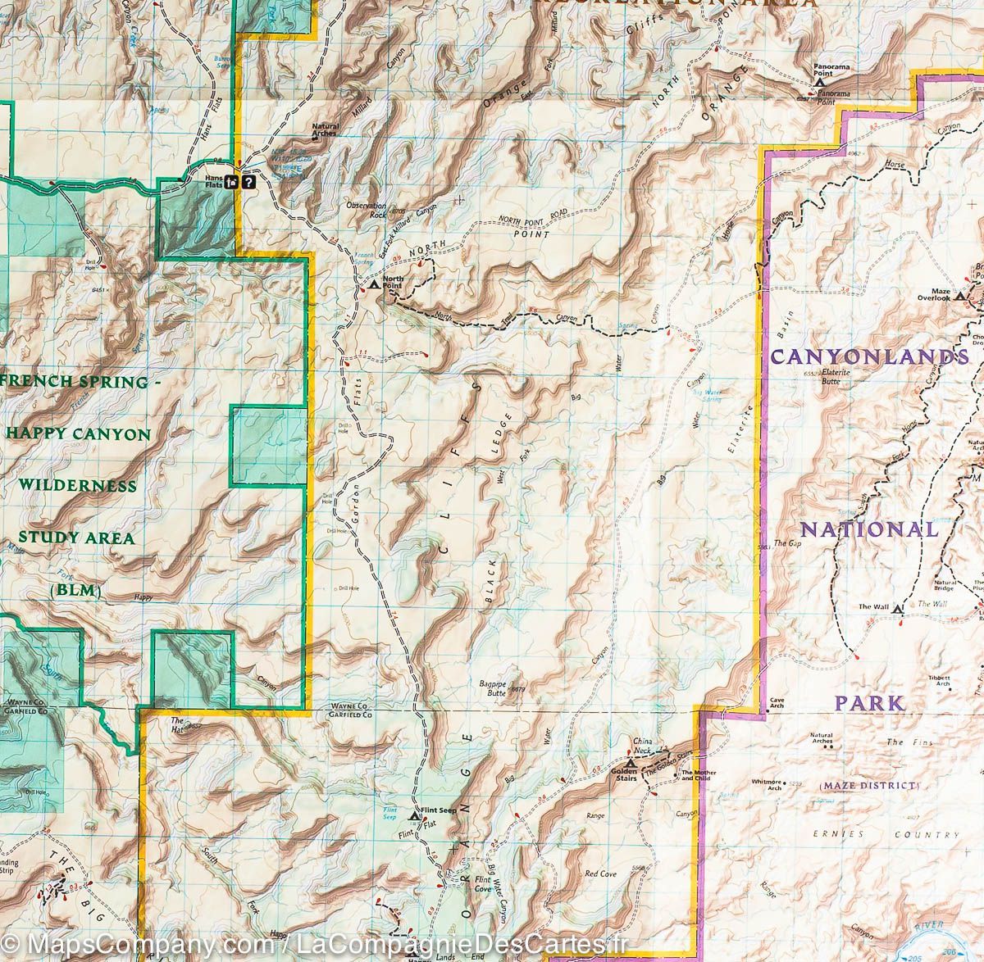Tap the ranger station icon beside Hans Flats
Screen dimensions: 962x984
[x=234, y=183]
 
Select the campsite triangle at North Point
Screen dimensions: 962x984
[x=374, y=285]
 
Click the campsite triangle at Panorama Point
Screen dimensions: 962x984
[x=818, y=83]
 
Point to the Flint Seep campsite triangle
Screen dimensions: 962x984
[x=414, y=816]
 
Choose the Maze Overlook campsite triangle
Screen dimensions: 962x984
[x=959, y=297]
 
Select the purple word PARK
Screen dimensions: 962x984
[x=870, y=702]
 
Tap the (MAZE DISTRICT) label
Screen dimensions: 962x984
[x=868, y=786]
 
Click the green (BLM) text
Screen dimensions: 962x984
[x=74, y=589]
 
